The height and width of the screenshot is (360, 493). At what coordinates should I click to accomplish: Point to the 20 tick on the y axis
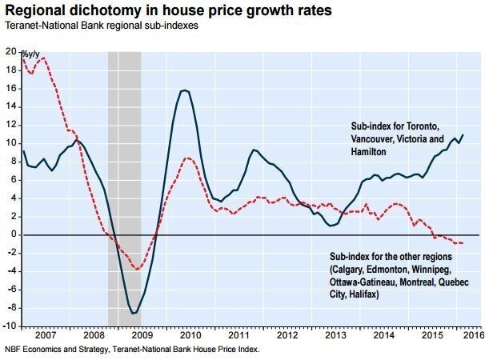click(x=10, y=51)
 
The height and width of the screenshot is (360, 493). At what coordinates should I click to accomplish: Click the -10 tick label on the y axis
click(x=9, y=326)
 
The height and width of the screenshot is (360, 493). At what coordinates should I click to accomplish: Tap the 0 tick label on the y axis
click(x=13, y=234)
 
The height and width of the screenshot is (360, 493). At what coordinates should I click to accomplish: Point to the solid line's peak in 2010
click(x=184, y=90)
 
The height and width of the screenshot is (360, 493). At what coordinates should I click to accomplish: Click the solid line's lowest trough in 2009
click(x=134, y=312)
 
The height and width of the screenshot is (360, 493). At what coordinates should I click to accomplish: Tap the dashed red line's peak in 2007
click(x=42, y=58)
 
